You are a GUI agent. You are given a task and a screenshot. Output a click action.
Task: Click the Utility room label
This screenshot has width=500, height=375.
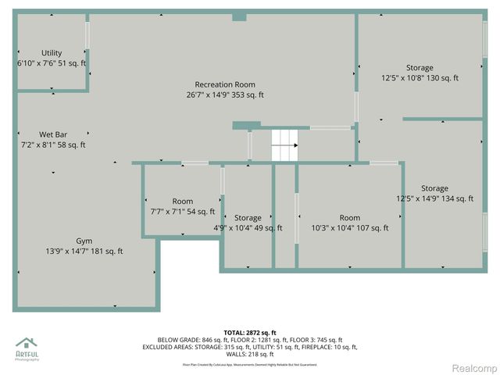[x=52, y=53]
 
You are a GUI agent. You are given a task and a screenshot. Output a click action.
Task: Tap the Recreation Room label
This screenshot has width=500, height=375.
[x=225, y=84]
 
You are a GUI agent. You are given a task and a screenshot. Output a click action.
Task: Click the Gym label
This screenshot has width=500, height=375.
[x=84, y=241]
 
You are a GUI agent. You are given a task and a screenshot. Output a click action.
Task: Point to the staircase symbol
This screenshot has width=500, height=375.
[x=285, y=145]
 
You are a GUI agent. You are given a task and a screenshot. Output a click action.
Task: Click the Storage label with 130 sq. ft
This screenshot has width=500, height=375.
[x=420, y=68]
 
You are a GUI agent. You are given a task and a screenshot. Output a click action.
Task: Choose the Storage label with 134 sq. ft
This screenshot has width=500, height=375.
[x=434, y=188]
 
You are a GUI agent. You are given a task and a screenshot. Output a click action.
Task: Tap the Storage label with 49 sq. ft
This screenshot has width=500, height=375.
[x=248, y=218]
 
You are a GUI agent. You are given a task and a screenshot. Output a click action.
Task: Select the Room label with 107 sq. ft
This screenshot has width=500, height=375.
[x=349, y=218]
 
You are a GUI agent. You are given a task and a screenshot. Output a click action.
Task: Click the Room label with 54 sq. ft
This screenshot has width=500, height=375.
[x=182, y=202]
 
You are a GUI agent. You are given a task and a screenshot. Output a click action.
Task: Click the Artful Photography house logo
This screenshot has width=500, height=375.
[x=27, y=344]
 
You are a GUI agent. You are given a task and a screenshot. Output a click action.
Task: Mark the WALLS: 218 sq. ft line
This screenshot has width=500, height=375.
[x=249, y=354]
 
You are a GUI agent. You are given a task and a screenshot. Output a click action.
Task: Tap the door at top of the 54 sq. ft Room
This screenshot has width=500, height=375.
[x=195, y=162]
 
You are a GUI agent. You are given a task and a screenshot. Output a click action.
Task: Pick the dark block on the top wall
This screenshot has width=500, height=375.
[x=239, y=17]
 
